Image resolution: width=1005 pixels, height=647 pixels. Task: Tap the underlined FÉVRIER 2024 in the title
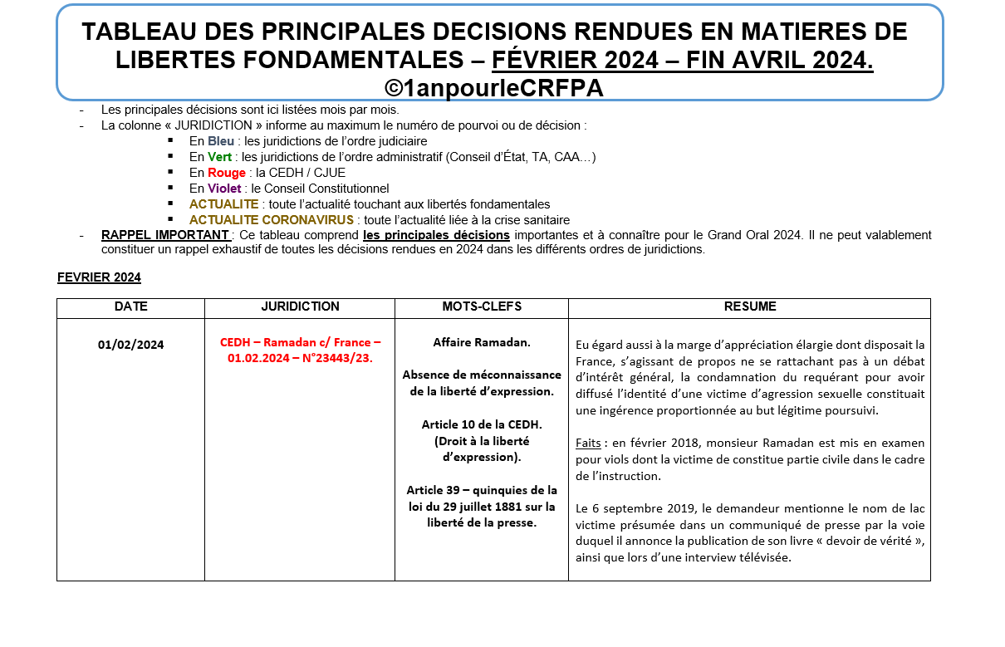(x=573, y=60)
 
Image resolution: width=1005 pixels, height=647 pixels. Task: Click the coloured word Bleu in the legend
(x=221, y=141)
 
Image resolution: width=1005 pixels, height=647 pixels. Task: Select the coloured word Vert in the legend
(x=219, y=157)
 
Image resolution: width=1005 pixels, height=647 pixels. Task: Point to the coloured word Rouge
(x=227, y=173)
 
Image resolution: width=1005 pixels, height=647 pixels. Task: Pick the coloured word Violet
(x=224, y=189)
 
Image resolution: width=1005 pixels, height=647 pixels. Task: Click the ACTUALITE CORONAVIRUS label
(x=272, y=220)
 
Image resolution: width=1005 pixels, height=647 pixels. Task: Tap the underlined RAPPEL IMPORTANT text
(x=164, y=235)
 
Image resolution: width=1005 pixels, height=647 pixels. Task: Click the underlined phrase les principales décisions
(x=436, y=235)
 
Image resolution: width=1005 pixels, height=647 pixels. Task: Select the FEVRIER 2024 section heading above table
(x=99, y=277)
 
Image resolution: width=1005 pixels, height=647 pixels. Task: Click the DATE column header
(x=130, y=306)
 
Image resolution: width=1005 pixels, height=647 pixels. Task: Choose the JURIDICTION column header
(x=300, y=306)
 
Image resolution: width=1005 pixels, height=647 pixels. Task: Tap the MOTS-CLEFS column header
(x=482, y=306)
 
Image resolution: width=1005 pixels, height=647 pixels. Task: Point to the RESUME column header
(x=749, y=306)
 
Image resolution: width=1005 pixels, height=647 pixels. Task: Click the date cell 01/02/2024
(x=130, y=344)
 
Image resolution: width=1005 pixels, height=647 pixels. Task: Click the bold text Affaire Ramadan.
(x=482, y=342)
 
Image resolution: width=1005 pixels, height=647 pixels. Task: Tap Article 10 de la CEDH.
(x=482, y=424)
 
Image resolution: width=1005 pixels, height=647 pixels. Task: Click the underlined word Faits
(x=588, y=443)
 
